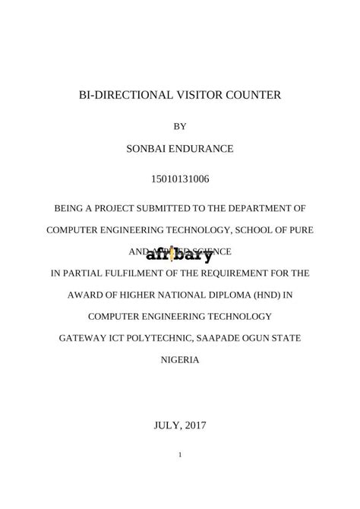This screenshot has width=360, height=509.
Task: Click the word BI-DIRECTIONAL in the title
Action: tap(119, 96)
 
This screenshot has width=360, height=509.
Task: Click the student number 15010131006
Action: tap(180, 179)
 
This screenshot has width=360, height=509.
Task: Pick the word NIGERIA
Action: tap(180, 359)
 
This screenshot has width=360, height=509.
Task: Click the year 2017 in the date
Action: tap(194, 425)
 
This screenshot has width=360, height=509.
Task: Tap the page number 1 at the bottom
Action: tap(180, 454)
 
